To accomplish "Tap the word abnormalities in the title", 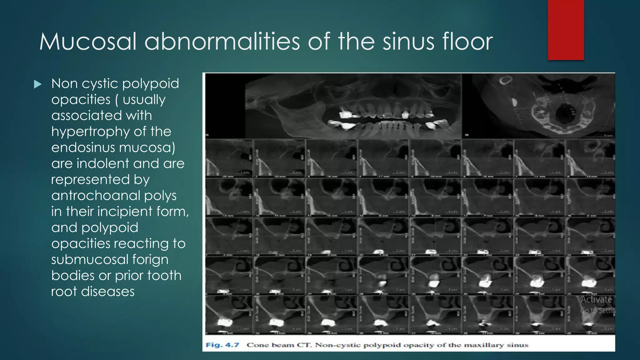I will pos(222,42).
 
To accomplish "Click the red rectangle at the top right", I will pos(566,30).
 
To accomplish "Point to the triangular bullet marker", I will pos(37,84).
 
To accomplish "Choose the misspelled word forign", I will pos(150,260).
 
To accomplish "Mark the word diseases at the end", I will pos(108,292).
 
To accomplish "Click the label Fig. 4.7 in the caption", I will pos(222,345).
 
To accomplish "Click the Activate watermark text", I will pos(596,299).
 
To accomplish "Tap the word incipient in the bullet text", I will pos(125,212).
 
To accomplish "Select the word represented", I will pos(90,180).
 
